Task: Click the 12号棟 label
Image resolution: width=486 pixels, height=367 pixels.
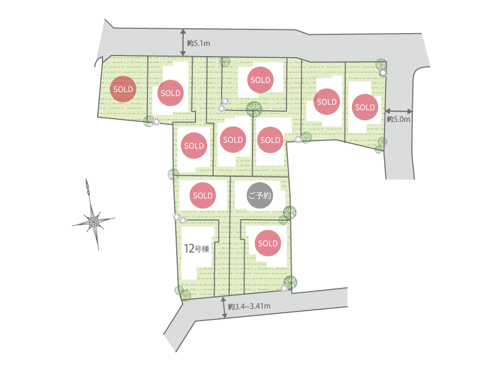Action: click(x=195, y=248)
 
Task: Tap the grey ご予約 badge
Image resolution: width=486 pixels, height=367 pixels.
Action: click(x=260, y=196)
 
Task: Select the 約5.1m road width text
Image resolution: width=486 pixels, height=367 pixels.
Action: click(x=198, y=42)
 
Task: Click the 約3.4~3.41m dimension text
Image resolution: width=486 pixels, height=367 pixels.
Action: click(x=249, y=307)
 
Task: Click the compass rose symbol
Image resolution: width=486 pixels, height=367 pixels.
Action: click(x=93, y=220)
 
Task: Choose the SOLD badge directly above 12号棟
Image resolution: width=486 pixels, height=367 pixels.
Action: click(x=203, y=196)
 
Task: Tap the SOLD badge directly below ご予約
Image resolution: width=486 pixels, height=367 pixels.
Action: click(x=268, y=243)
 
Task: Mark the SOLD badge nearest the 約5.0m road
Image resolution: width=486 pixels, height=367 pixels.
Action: click(x=365, y=107)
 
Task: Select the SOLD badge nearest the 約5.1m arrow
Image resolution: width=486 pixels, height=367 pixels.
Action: click(x=170, y=93)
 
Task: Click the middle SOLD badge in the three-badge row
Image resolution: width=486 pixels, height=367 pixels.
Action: click(x=233, y=140)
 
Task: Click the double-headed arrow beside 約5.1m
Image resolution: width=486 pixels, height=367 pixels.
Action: click(x=183, y=43)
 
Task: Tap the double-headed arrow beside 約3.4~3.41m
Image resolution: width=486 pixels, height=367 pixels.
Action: click(x=224, y=308)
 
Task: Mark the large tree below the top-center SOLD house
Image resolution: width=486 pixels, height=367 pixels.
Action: click(x=254, y=109)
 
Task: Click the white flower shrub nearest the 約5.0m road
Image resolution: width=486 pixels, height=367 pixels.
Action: click(x=383, y=73)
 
